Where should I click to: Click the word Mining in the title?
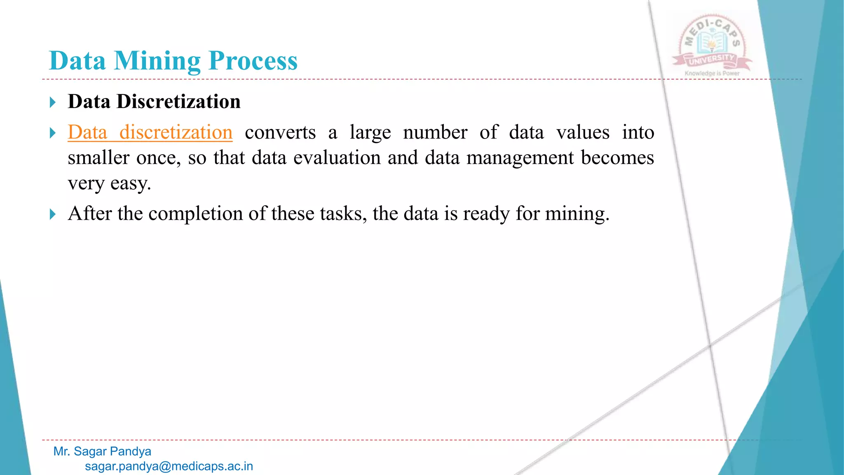click(x=157, y=61)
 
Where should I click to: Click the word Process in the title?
click(x=253, y=61)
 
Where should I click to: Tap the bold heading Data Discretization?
click(x=154, y=101)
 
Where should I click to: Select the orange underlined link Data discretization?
click(x=150, y=132)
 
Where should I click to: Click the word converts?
click(x=280, y=132)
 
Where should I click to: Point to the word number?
click(x=435, y=132)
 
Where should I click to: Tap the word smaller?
click(x=98, y=158)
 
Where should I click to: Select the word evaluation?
click(x=337, y=158)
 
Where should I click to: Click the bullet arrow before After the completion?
click(x=52, y=214)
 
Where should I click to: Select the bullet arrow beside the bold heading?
click(x=52, y=102)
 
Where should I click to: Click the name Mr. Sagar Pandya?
click(x=102, y=451)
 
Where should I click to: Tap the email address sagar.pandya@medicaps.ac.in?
click(x=169, y=466)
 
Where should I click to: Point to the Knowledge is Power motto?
click(x=712, y=73)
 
